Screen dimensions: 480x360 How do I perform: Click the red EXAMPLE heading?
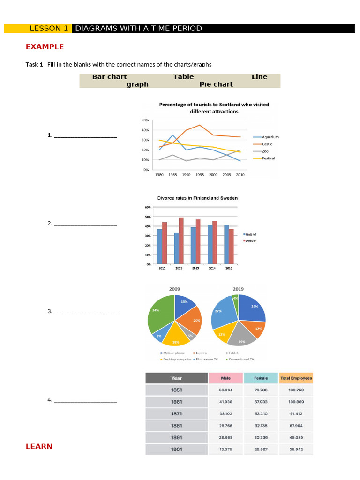tap(45, 47)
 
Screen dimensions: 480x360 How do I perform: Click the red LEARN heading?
tap(39, 446)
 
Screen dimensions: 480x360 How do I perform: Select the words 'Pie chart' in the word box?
tap(216, 84)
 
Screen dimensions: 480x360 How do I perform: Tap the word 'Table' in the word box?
tap(183, 77)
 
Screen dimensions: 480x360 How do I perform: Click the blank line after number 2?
tap(85, 225)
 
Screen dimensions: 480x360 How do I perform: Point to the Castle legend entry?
tap(267, 144)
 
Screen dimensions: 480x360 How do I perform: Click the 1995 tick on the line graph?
tap(199, 174)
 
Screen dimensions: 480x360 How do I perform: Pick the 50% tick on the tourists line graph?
tap(145, 120)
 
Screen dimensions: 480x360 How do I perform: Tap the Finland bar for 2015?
tap(226, 245)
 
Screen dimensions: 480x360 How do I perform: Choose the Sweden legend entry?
tap(251, 240)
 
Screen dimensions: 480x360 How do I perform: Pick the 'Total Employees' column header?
tap(295, 378)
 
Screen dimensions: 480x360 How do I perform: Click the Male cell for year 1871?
tap(226, 414)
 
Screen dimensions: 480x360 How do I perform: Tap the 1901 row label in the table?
tap(177, 449)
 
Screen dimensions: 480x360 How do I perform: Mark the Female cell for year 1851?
tap(261, 390)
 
